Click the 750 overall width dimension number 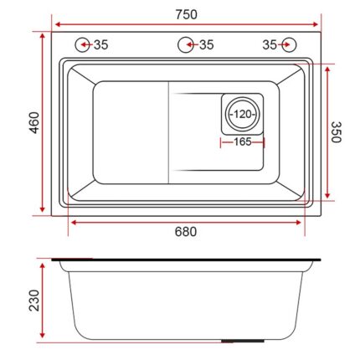click(x=186, y=14)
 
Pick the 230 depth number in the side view click(x=33, y=301)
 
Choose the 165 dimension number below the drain click(x=242, y=142)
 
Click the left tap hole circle click(x=84, y=44)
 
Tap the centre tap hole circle click(x=185, y=44)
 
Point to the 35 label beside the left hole click(x=100, y=44)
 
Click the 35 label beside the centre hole click(x=206, y=44)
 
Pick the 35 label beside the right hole click(x=270, y=44)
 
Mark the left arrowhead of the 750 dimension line click(x=54, y=23)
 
